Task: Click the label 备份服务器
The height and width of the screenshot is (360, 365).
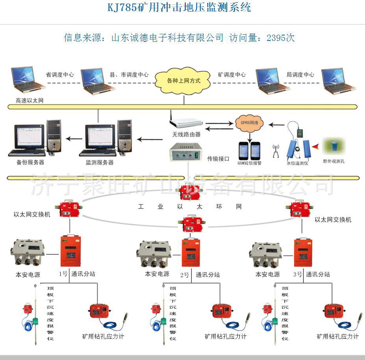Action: coord(31,162)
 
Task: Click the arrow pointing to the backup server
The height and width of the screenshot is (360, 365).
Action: coord(74,139)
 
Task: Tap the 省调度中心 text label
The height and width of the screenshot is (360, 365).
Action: coord(60,74)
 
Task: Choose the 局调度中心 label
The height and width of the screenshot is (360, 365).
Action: coord(300,74)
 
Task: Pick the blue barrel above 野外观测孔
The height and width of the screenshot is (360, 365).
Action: coord(333,145)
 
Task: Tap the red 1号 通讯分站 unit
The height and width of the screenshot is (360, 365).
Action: coord(70,251)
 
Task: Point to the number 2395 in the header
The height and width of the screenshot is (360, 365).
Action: coord(276,38)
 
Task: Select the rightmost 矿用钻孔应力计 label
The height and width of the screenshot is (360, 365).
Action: coord(337,336)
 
